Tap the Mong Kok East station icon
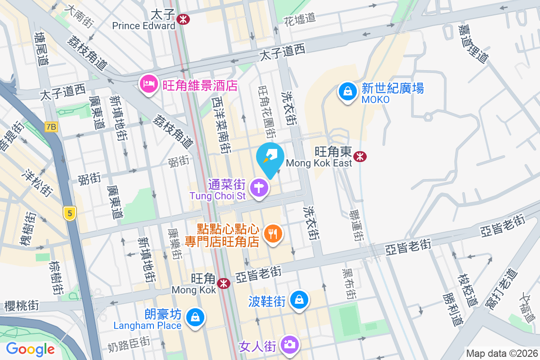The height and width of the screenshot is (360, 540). click(360, 156)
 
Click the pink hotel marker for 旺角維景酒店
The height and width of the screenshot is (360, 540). click(148, 84)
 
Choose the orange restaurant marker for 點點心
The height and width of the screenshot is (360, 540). click(273, 234)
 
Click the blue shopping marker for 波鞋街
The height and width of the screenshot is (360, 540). click(298, 299)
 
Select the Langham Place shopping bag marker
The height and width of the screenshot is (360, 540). click(195, 317)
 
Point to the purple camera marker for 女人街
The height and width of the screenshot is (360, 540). click(288, 345)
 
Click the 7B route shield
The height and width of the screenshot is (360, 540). click(51, 127)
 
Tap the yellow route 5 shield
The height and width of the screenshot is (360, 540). click(69, 213)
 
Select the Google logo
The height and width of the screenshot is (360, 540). click(30, 349)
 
